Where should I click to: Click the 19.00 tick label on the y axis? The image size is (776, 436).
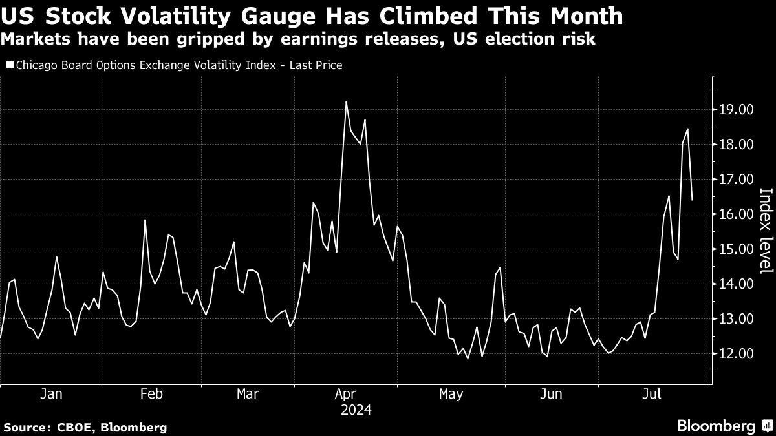[x=736, y=110]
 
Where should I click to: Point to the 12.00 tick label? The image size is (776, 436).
[x=736, y=354]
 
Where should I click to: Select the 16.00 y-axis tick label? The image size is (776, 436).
[x=736, y=214]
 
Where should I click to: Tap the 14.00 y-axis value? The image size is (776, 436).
[x=736, y=284]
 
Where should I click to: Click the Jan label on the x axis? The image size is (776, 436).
[x=51, y=394]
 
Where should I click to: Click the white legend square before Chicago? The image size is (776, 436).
[x=8, y=65]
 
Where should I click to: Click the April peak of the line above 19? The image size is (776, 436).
[x=347, y=102]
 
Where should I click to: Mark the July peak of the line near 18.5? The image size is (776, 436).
[x=687, y=129]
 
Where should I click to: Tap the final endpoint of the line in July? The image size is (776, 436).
[x=692, y=200]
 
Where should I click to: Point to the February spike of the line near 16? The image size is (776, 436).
[x=145, y=220]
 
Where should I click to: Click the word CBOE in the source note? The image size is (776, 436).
[x=70, y=427]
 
